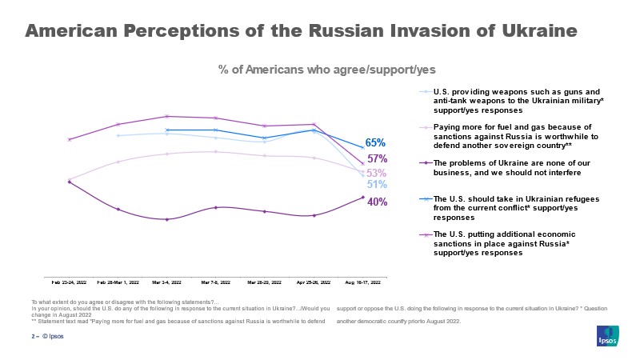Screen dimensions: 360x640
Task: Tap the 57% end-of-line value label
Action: [377, 158]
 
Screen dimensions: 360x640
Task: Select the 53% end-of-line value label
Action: [377, 173]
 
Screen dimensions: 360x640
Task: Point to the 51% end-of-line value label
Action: [377, 185]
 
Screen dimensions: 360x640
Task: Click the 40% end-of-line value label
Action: [377, 202]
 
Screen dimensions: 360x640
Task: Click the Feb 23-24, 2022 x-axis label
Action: [70, 282]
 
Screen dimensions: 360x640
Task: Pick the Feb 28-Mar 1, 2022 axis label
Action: [118, 282]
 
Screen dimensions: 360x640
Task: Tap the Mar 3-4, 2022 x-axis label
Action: [166, 282]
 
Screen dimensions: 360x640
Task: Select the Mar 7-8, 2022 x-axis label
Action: [216, 282]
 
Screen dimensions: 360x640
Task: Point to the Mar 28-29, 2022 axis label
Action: [264, 282]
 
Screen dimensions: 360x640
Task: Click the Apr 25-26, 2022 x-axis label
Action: [314, 282]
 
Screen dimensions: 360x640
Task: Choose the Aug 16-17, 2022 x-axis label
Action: [362, 282]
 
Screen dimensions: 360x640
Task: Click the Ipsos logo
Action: [607, 337]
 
